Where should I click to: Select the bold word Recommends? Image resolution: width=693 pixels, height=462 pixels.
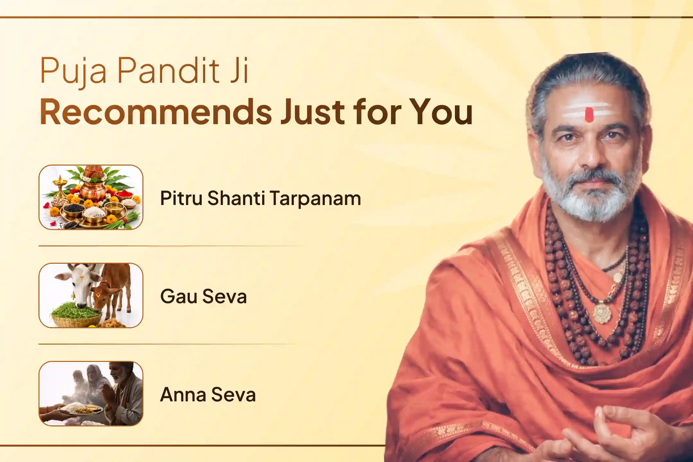tap(156, 112)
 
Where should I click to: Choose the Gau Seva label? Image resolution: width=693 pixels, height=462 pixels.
tap(203, 296)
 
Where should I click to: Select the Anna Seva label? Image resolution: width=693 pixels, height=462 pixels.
tap(208, 394)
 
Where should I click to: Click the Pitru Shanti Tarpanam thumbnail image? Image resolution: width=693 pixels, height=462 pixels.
tap(91, 197)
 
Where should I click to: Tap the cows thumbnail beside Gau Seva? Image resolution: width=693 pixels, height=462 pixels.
tap(91, 295)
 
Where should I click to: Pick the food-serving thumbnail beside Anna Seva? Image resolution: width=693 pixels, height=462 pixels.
tap(91, 394)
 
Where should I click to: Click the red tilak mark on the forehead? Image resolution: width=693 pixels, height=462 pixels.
tap(589, 115)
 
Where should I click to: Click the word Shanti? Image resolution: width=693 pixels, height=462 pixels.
tap(236, 198)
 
